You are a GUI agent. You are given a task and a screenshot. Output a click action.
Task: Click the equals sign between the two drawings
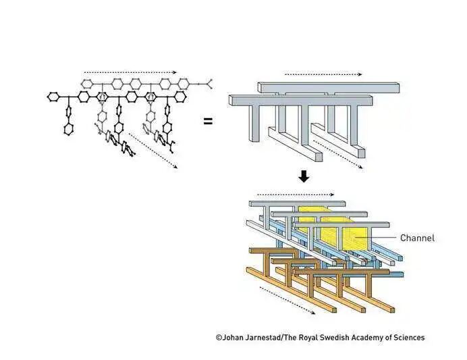(208, 122)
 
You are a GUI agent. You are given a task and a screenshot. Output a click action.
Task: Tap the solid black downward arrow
(304, 176)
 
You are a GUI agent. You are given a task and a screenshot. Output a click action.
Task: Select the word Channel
(417, 238)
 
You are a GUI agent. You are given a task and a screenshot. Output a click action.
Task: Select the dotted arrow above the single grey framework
(323, 74)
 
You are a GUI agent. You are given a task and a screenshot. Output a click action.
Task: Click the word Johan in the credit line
(235, 337)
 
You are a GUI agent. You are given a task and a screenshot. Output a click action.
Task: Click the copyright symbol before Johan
(219, 337)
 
